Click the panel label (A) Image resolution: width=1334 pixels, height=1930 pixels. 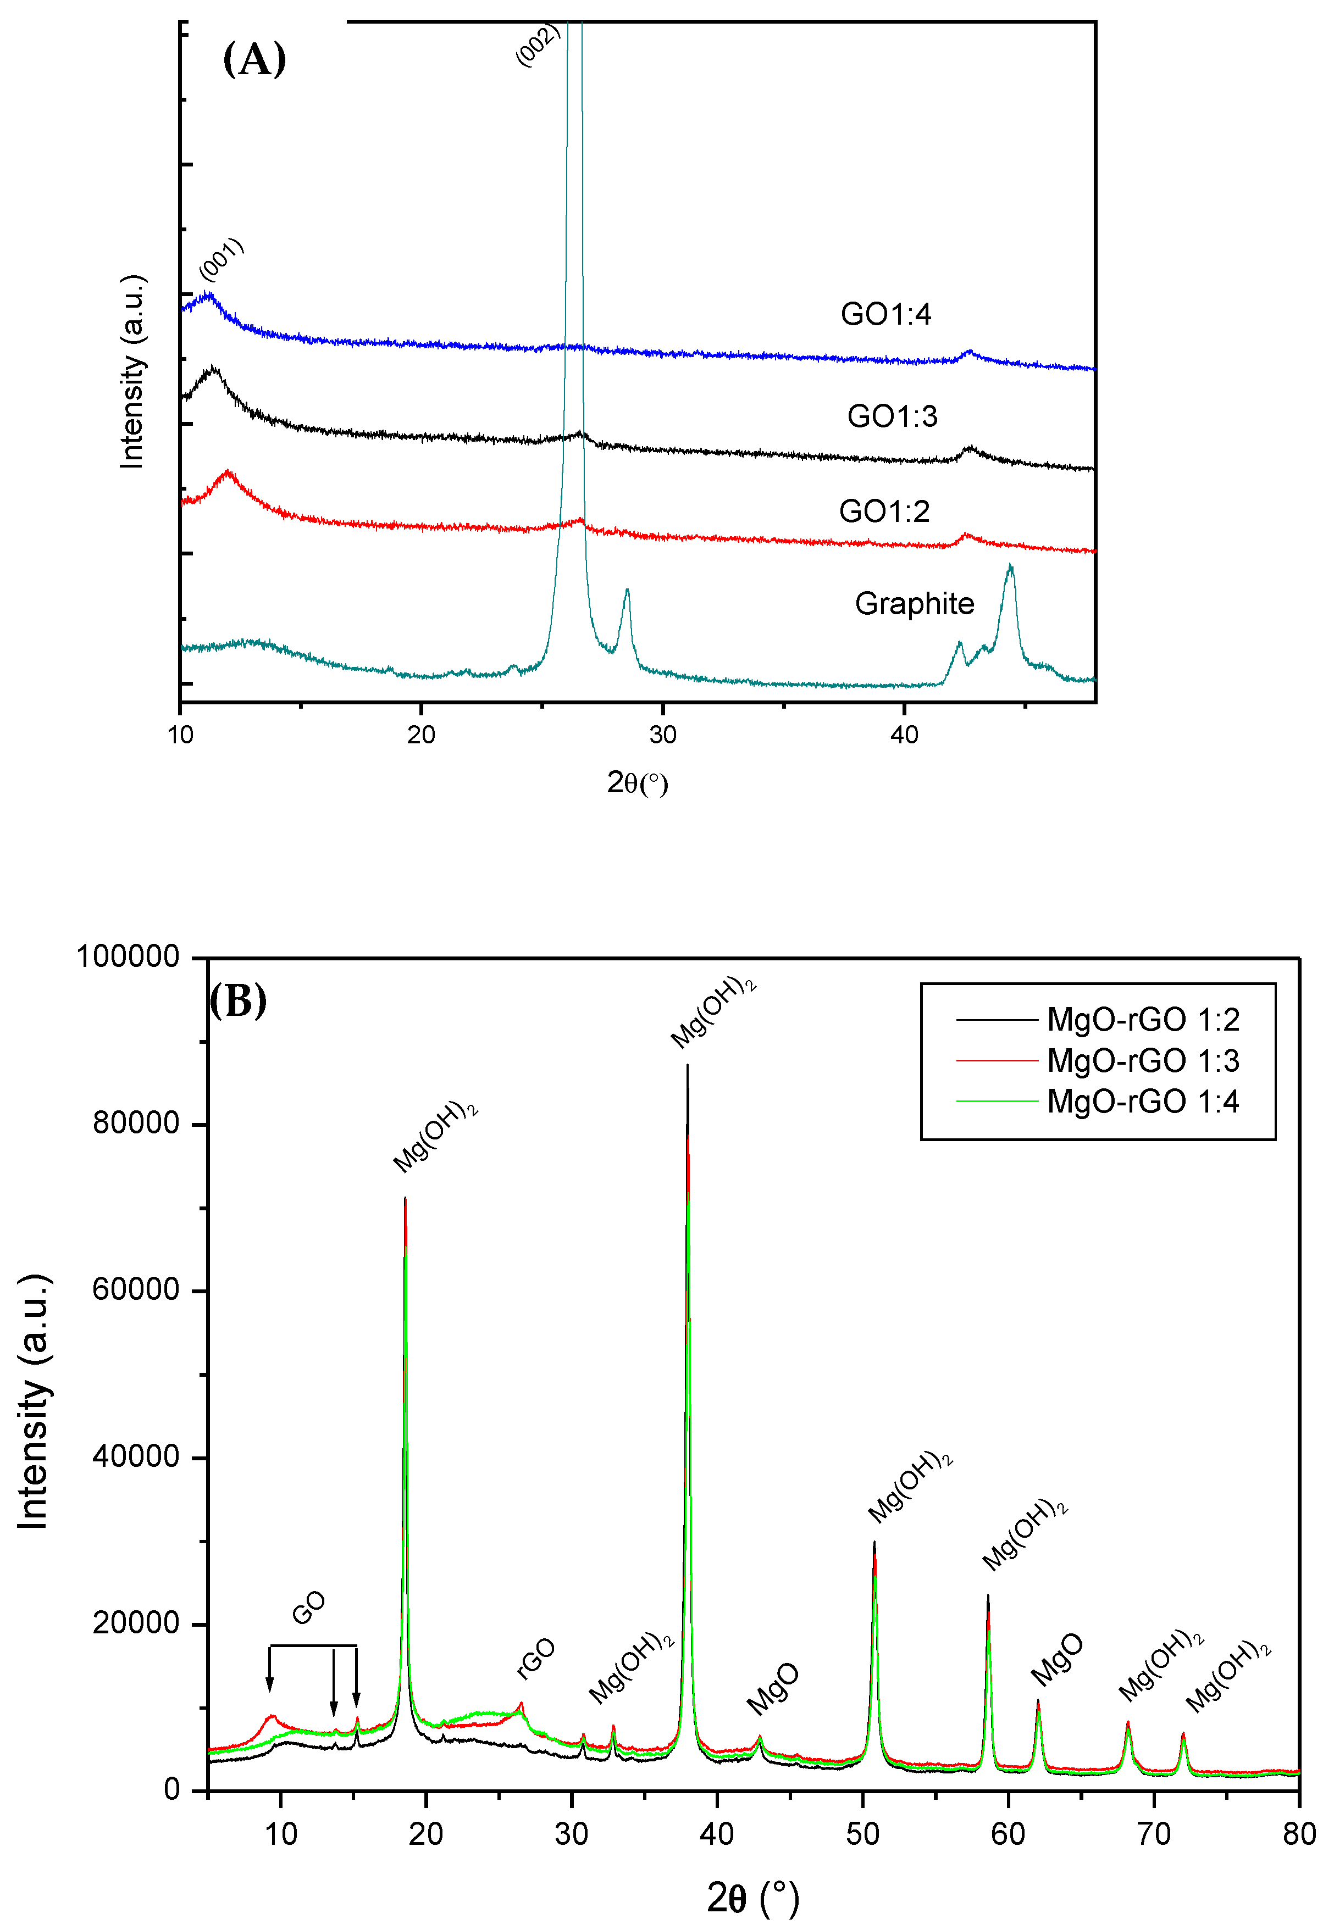[x=254, y=60]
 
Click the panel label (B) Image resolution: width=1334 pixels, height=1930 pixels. [x=237, y=1000]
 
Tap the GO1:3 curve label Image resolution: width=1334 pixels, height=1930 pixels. [x=892, y=416]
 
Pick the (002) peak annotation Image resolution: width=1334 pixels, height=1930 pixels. [x=538, y=45]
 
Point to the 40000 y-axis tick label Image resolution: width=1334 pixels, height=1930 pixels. [x=136, y=1456]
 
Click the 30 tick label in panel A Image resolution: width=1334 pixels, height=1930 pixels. [x=663, y=735]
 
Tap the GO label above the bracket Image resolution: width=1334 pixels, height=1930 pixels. [x=308, y=1608]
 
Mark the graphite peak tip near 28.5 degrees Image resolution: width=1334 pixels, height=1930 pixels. [x=627, y=590]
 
